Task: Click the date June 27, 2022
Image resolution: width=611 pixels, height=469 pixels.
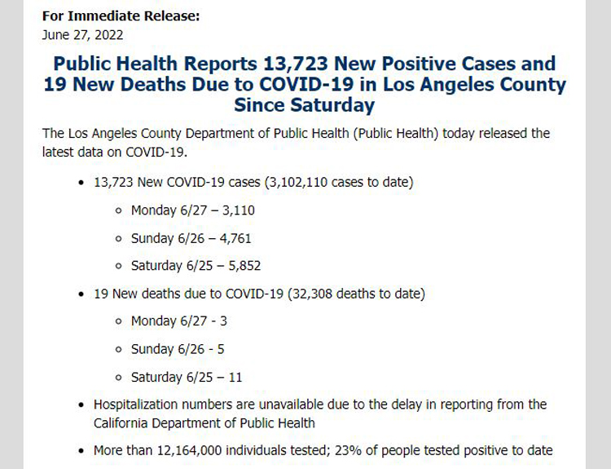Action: click(x=82, y=34)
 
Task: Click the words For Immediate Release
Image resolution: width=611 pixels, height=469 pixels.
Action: click(x=121, y=16)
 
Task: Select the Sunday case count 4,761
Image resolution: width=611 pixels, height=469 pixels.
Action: click(x=232, y=238)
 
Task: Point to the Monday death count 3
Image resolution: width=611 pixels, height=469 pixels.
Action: click(x=223, y=321)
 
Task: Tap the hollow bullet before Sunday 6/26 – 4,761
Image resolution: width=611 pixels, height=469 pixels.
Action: click(x=119, y=238)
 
